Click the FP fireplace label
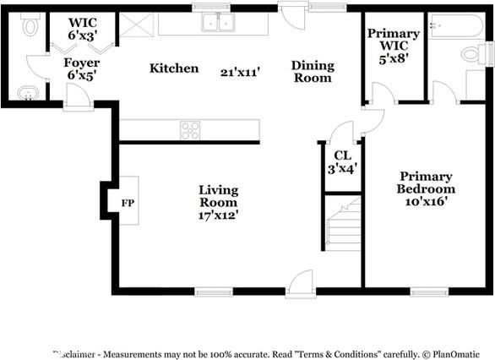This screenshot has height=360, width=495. coord(128,204)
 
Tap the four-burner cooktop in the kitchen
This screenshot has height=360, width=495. coord(191,130)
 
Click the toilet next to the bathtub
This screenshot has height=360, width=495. coord(471,55)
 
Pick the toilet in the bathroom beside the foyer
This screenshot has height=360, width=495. coord(30,27)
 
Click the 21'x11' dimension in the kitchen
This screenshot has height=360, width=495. coord(241,73)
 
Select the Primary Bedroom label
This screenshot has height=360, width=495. coord(427,183)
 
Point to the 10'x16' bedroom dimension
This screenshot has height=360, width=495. coord(427,202)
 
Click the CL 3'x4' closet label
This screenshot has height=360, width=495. coord(342,161)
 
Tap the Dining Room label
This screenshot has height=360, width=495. coord(313,72)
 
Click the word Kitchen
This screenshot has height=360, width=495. coord(174,68)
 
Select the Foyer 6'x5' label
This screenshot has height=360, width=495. coord(82,69)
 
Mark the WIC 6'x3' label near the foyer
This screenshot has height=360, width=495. coord(82,29)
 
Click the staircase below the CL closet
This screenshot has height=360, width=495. coord(343,224)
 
